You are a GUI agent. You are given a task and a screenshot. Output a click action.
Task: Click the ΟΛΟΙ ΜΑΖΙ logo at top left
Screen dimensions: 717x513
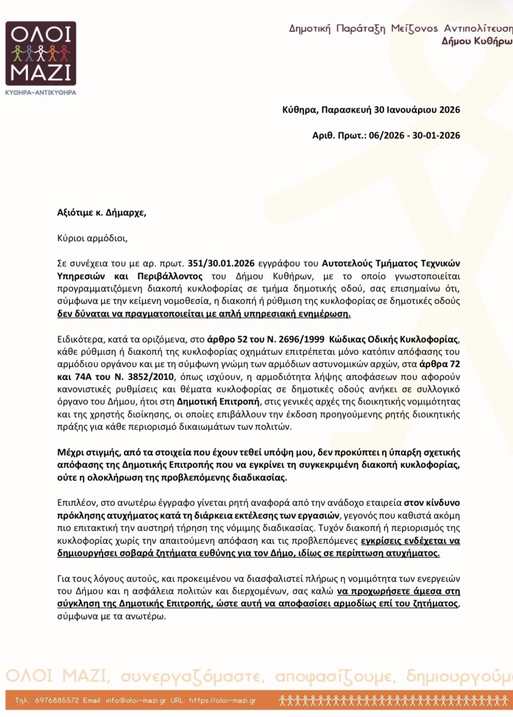click(41, 53)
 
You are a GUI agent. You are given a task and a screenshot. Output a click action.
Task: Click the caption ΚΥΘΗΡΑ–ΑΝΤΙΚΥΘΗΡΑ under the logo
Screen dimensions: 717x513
click(41, 92)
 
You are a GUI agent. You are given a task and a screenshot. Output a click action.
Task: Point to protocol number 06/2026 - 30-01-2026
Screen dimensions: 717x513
click(414, 136)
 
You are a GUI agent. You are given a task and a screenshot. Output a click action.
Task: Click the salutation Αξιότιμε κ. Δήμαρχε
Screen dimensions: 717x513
click(101, 213)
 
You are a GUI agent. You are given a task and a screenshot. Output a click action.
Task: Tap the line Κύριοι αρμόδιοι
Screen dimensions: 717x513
click(92, 238)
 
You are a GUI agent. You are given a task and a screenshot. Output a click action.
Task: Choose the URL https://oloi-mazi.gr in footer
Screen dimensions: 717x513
click(222, 701)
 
